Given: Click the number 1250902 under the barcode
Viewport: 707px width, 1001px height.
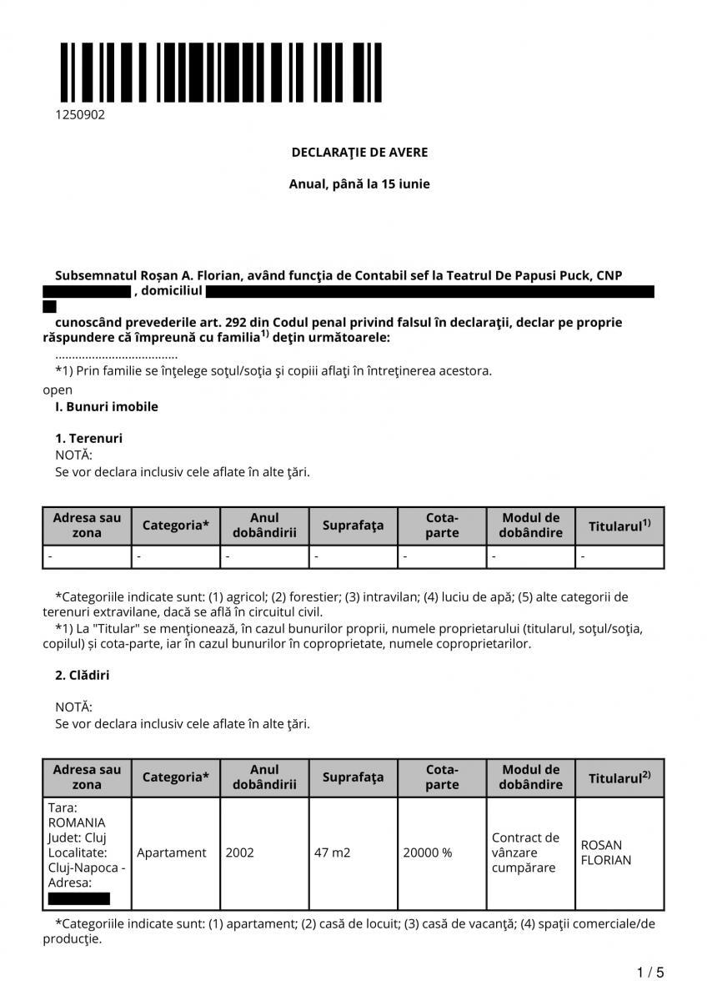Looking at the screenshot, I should pyautogui.click(x=80, y=115).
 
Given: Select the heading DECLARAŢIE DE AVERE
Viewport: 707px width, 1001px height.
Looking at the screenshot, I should pyautogui.click(x=359, y=152).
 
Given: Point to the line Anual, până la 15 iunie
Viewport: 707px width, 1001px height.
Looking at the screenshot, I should pyautogui.click(x=359, y=184).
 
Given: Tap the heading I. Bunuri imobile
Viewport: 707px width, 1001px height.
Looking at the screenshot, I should pyautogui.click(x=106, y=407).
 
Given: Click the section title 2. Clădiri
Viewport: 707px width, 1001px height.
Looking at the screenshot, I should pyautogui.click(x=83, y=675).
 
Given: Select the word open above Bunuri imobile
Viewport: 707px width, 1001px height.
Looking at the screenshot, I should pyautogui.click(x=58, y=390).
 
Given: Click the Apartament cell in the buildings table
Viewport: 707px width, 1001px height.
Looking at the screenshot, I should pyautogui.click(x=171, y=853).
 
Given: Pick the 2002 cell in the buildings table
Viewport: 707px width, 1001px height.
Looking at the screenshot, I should pyautogui.click(x=239, y=853).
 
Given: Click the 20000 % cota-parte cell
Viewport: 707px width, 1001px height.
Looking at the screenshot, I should pyautogui.click(x=427, y=853).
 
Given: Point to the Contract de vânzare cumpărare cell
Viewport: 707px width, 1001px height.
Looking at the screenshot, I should pyautogui.click(x=525, y=853).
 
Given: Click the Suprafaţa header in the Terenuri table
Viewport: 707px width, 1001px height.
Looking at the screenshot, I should pyautogui.click(x=353, y=526).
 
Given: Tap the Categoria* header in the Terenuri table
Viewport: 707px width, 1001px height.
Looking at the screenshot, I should pyautogui.click(x=176, y=526).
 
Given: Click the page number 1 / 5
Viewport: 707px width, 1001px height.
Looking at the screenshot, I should pyautogui.click(x=650, y=972).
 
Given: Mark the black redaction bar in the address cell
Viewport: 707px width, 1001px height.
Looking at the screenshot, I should pyautogui.click(x=78, y=898).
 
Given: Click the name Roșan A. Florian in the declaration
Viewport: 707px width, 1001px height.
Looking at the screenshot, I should pyautogui.click(x=173, y=274).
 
